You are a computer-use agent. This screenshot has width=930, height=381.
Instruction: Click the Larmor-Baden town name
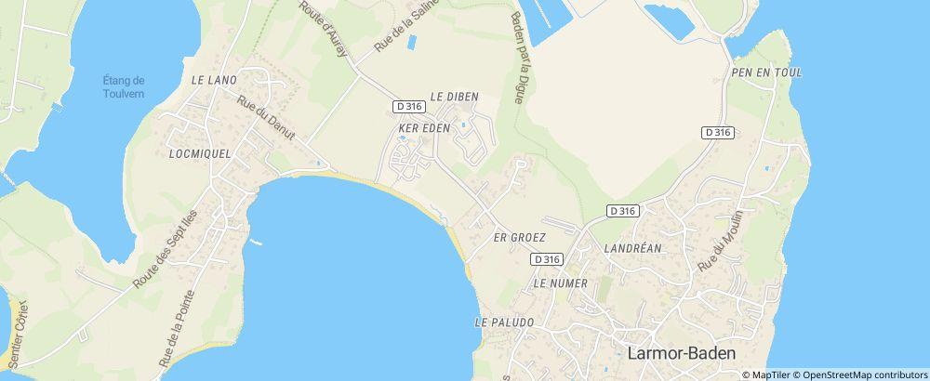pos(682,353)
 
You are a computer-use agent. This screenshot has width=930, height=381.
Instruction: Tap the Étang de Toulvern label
pos(124,85)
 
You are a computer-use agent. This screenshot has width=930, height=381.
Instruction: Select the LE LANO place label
pos(215,80)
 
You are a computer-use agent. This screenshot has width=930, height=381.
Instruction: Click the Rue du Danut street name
pos(265,119)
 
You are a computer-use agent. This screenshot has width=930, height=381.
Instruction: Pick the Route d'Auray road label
pos(324,29)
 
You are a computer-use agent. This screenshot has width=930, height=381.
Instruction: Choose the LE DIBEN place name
pos(454,96)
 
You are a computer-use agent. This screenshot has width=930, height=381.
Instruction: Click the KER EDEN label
pos(424,127)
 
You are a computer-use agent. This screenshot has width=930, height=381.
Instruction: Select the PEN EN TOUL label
pos(766,72)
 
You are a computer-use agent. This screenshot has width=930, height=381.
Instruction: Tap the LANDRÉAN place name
pos(631,248)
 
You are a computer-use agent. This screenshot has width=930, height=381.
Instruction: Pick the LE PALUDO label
pos(504,322)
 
